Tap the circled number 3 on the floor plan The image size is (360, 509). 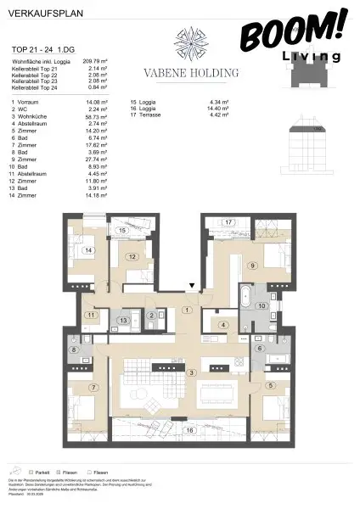point(192,372)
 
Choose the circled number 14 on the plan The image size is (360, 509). point(87,251)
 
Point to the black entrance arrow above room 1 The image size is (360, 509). point(193,288)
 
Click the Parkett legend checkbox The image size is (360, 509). point(30,472)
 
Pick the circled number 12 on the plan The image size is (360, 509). point(132,256)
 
